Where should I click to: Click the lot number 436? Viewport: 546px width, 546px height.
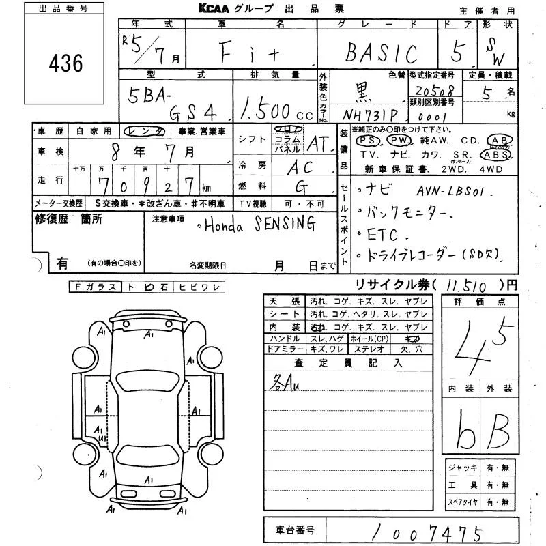coord(66,63)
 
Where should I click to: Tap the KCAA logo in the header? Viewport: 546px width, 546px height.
coord(219,9)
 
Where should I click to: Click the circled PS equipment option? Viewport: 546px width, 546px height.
coord(368,140)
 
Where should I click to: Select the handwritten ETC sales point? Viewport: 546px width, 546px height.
coord(377,234)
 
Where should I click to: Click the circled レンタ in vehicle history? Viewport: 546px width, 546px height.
coord(156,130)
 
